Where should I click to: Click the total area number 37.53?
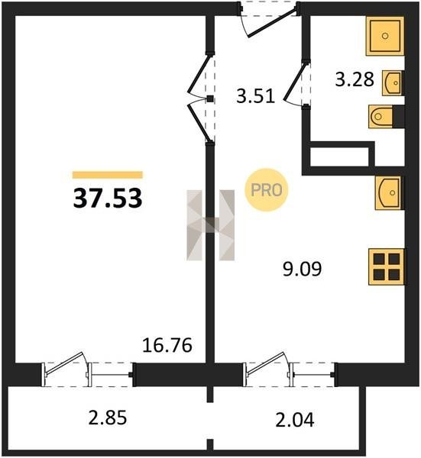point(108,198)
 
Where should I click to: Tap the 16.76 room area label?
point(167,345)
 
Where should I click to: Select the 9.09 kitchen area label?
point(303,269)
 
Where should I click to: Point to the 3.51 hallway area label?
point(256,96)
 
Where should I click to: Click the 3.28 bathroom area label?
point(355,79)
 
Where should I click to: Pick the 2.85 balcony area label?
point(108,418)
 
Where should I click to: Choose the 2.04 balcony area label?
point(295,420)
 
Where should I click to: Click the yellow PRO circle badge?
point(267,190)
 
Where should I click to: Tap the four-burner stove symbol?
point(387,266)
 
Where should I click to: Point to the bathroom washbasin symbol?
point(392,83)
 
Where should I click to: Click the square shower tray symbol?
point(385,36)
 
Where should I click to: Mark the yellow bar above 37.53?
point(108,175)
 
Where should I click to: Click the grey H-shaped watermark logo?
point(211,225)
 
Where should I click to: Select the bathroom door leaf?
point(294,82)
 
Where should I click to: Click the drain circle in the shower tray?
point(385,36)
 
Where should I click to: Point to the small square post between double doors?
point(210,98)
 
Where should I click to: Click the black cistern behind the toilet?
point(399,116)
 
